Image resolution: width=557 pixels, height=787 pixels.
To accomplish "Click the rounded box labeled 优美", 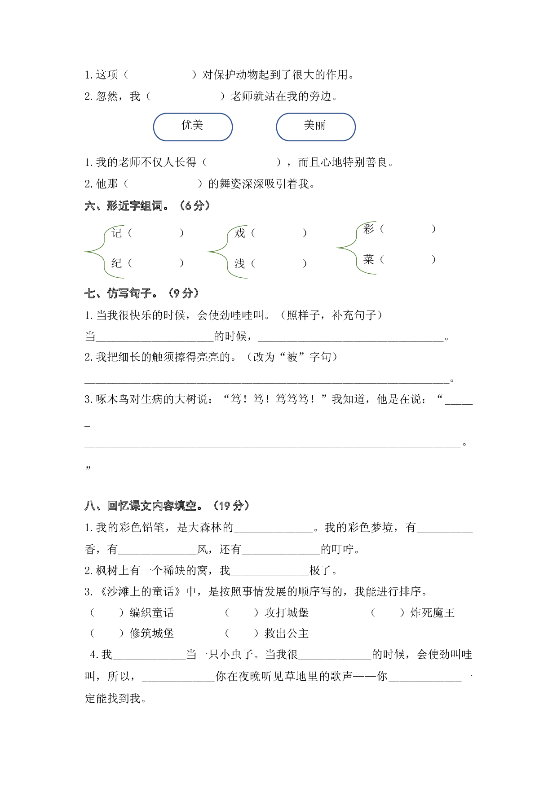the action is coord(193,127).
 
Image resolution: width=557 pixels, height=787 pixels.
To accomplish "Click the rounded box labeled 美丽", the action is coord(315,127).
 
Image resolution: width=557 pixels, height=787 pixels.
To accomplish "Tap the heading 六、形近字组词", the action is coord(147,206).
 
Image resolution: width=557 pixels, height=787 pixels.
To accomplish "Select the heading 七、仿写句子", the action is coord(141,293).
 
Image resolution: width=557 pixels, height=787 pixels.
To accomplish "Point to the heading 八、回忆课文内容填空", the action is coord(167,506).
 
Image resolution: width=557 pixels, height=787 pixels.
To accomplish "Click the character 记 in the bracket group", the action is coord(117,233).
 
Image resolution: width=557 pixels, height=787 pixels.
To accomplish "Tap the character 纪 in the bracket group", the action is coord(117,263).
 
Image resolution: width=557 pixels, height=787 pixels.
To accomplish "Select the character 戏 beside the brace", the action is coord(240,233).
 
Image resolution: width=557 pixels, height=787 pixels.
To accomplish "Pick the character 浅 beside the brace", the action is coord(240,263).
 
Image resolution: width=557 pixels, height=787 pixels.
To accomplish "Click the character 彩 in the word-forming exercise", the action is coord(369,229).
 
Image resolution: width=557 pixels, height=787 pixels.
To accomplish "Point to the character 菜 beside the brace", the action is coord(369,259).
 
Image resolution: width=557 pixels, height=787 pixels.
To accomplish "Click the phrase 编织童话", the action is coord(152,613).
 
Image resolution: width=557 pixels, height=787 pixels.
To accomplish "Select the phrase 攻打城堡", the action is coord(287,613).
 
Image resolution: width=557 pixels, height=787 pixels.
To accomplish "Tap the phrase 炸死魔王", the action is coord(433,613).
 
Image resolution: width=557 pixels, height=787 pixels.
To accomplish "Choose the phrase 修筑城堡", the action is coord(152,634).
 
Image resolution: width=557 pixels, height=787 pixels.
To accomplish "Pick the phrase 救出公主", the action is coord(287,634).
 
